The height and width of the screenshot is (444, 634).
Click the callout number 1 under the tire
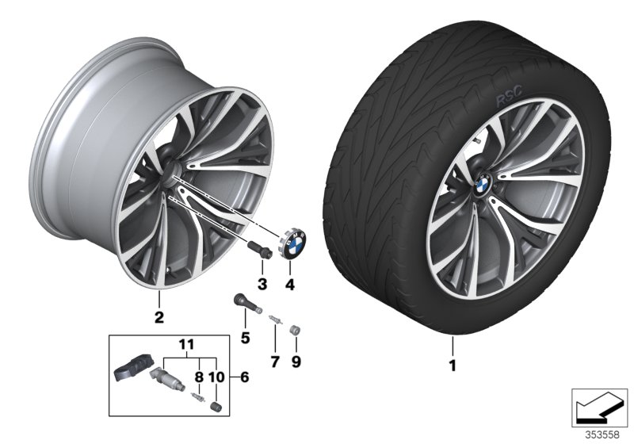[x=453, y=367]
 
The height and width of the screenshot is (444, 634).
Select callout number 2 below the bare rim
[x=158, y=319]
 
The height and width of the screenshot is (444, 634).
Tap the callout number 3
[x=263, y=284]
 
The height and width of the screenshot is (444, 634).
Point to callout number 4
[x=289, y=284]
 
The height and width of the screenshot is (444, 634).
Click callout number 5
[x=245, y=339]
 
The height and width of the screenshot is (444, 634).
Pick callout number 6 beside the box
[x=244, y=377]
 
